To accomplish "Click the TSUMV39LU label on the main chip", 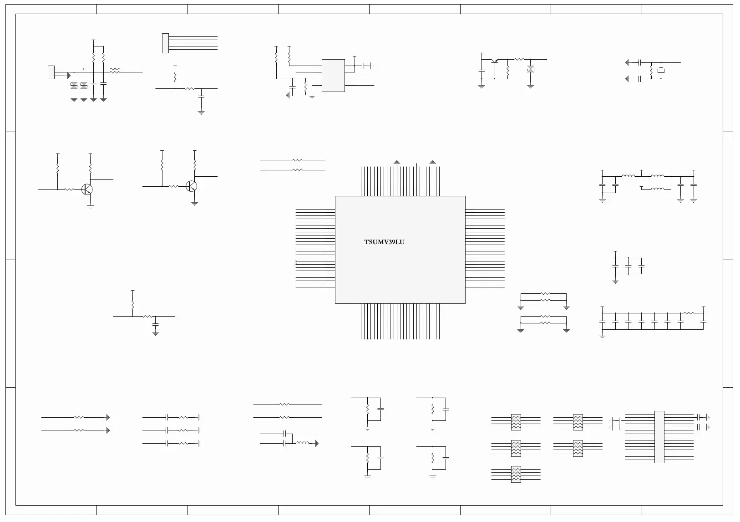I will point(384,242).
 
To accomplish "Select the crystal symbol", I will point(661,71).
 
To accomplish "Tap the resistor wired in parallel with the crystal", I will point(651,71).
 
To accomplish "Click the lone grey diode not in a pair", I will point(530,69).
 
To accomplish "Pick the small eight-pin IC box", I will point(333,75).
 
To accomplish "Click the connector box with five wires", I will point(165,43).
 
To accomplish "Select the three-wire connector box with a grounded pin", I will point(51,72).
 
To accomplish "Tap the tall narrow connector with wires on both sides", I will point(659,437).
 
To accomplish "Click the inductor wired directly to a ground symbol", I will point(302,443).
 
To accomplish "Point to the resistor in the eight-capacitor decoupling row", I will point(689,313).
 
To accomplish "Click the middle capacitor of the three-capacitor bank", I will point(628,265).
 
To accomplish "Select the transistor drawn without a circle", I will point(495,61).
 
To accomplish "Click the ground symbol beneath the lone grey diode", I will point(530,86).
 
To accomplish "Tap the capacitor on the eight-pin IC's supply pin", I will point(364,66).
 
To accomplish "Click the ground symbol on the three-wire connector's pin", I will point(69,75).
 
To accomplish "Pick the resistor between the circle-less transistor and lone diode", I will point(518,59).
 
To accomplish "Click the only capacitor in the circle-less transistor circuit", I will point(482,71).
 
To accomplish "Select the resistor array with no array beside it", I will point(516,474).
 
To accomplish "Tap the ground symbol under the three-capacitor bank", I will point(615,281).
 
